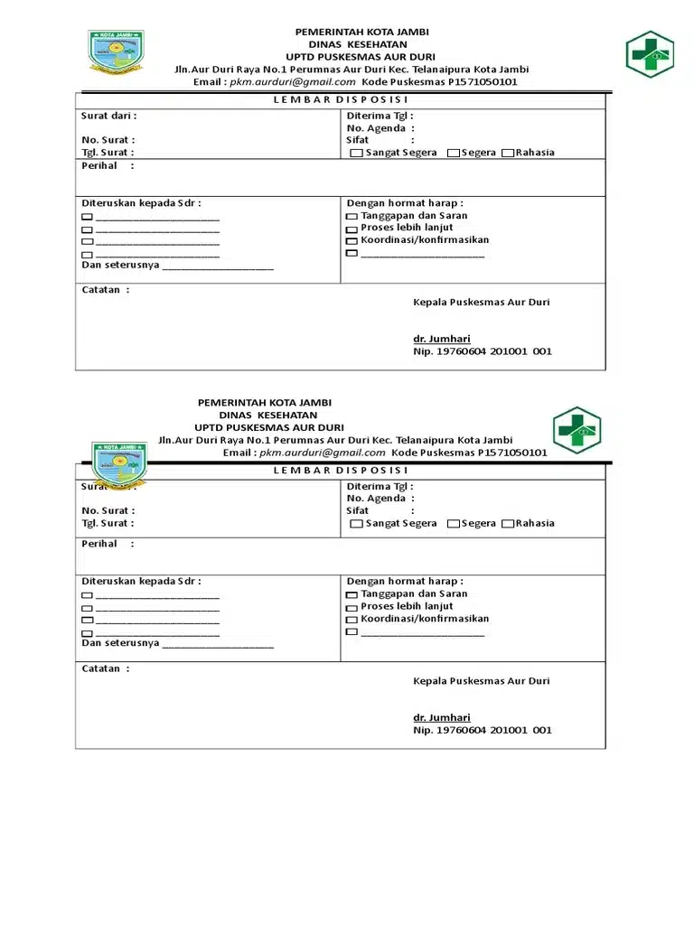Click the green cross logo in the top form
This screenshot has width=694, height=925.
pyautogui.click(x=650, y=54)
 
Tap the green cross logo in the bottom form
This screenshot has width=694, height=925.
pyautogui.click(x=577, y=430)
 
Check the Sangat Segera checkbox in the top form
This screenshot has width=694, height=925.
pyautogui.click(x=356, y=154)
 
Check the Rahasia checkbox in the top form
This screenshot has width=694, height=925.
pyautogui.click(x=508, y=154)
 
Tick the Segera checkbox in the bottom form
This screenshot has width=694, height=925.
pyautogui.click(x=454, y=524)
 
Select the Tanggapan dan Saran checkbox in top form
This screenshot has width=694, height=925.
pyautogui.click(x=352, y=218)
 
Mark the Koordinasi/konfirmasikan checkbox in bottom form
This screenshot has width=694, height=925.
pyautogui.click(x=352, y=621)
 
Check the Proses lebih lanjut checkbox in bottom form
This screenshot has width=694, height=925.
pyautogui.click(x=352, y=608)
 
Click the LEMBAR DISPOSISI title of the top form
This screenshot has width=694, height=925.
pyautogui.click(x=340, y=99)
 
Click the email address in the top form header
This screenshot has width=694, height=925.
pyautogui.click(x=292, y=82)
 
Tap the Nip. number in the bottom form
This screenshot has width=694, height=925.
pyautogui.click(x=482, y=730)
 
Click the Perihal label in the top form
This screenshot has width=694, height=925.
pyautogui.click(x=100, y=166)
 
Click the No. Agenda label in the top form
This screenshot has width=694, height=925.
pyautogui.click(x=376, y=128)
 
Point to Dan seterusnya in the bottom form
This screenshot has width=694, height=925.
pyautogui.click(x=120, y=643)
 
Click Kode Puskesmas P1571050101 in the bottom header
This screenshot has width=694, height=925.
pyautogui.click(x=469, y=453)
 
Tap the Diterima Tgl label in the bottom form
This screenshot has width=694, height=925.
pyautogui.click(x=380, y=486)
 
